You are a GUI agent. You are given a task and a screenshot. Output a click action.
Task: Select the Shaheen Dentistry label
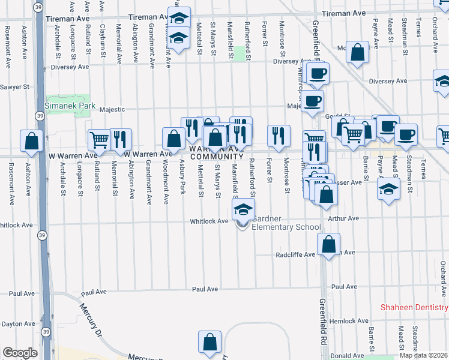414,308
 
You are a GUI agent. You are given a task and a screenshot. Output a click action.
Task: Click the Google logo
20,353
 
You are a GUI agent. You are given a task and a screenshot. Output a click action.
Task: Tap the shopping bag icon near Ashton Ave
32,142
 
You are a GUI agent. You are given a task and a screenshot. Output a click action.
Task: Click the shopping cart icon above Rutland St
100,140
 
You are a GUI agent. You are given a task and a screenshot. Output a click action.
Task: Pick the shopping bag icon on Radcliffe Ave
328,245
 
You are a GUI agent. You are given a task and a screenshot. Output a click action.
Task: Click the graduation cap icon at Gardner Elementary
243,210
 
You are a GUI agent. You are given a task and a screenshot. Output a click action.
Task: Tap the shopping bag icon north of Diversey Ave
357,53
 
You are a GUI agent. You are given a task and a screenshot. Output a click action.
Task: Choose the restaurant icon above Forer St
279,136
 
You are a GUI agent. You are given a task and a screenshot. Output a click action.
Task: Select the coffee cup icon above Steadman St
406,135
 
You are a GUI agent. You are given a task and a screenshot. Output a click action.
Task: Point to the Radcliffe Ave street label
295,254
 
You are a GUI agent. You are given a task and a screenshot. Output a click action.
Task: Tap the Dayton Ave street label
17,323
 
